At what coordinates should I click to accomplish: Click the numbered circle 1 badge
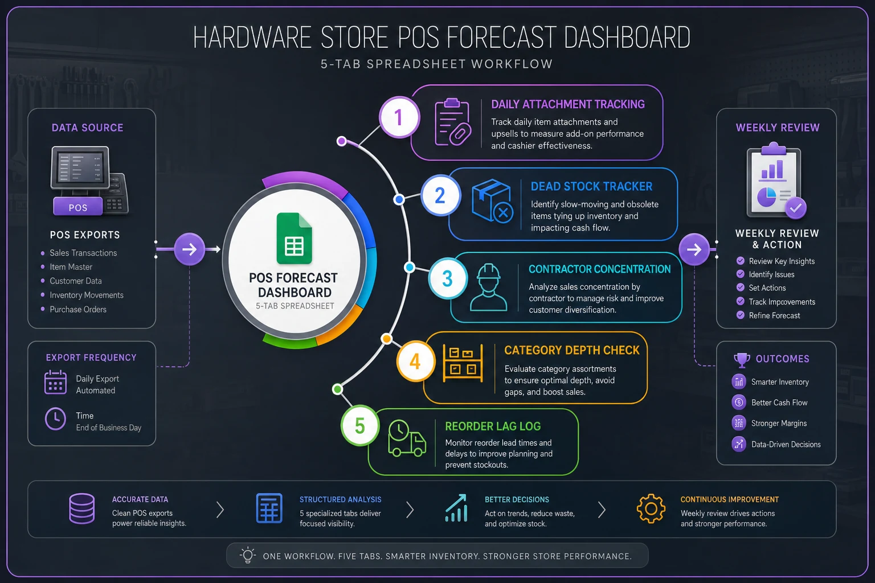tap(399, 117)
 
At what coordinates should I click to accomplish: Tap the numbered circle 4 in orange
tap(415, 361)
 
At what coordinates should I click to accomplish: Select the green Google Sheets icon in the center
tap(294, 239)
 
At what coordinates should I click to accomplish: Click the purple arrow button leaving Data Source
tap(190, 249)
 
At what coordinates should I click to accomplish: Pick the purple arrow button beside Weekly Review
tap(694, 249)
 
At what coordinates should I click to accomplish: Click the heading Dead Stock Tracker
tap(591, 186)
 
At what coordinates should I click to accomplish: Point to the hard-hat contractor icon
tap(488, 287)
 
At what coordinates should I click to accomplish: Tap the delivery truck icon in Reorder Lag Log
tap(407, 438)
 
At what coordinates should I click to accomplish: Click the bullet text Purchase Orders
tap(78, 309)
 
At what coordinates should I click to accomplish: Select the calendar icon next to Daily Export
tap(55, 382)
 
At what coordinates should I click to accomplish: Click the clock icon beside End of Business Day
tap(55, 419)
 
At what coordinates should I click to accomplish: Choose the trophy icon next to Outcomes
tap(742, 360)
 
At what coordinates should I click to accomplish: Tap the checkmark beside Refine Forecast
tap(740, 315)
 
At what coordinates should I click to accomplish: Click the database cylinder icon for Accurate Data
tap(81, 508)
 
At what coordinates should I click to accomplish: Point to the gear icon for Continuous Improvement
tap(651, 508)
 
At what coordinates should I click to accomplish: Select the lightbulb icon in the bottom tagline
tap(248, 555)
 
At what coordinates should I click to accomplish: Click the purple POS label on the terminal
tap(77, 207)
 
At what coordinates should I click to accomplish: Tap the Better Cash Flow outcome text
tap(779, 403)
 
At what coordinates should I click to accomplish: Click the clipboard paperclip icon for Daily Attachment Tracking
tap(453, 122)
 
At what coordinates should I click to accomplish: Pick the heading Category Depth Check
tap(571, 350)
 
